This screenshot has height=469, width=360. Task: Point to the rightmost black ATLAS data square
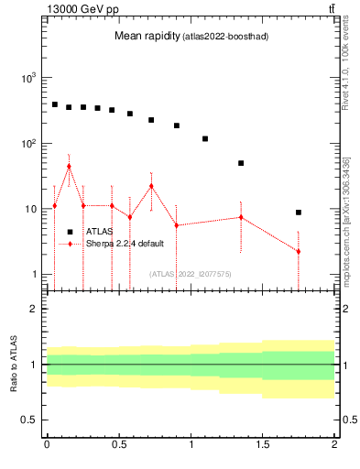click(299, 213)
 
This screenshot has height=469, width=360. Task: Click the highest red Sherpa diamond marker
click(69, 167)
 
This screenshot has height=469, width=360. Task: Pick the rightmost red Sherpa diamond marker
click(299, 251)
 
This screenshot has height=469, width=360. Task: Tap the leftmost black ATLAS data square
click(54, 104)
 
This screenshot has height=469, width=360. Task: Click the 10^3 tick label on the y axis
click(27, 78)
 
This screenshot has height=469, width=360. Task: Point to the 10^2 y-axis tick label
click(27, 144)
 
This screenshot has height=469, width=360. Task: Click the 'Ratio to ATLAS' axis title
click(14, 365)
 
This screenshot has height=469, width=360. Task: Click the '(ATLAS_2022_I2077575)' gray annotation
click(190, 273)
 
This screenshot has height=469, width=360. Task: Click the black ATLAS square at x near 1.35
click(241, 163)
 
